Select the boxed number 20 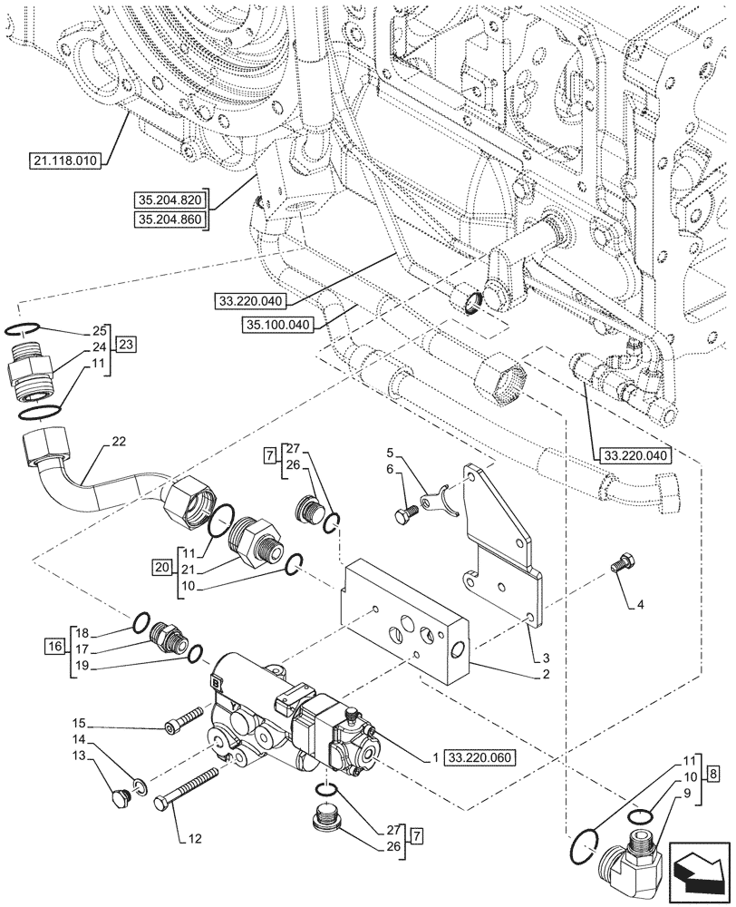pyautogui.click(x=162, y=568)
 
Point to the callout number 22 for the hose pyautogui.click(x=119, y=441)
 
